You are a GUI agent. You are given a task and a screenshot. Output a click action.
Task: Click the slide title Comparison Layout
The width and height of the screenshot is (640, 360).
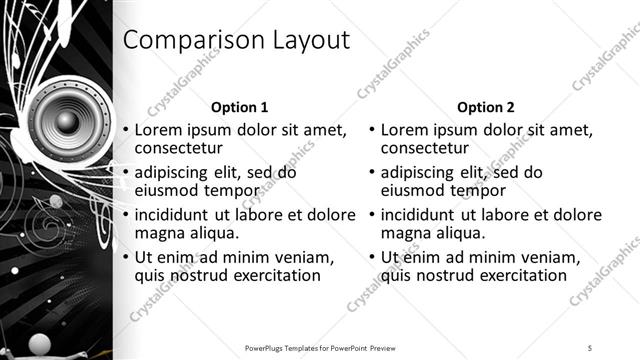(236, 40)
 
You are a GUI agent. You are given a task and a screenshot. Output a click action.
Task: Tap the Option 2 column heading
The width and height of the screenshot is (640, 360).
(486, 107)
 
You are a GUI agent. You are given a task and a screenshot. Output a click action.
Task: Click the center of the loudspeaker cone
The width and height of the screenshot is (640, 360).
(66, 122)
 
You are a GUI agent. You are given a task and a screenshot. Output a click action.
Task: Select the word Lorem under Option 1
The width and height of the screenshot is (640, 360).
(158, 129)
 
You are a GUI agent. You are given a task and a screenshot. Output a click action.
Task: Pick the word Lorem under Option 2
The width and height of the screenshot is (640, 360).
(404, 129)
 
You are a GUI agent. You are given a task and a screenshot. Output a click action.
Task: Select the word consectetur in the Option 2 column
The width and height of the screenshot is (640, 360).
(427, 148)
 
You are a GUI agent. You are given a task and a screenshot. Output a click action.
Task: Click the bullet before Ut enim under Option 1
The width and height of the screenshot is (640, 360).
(125, 257)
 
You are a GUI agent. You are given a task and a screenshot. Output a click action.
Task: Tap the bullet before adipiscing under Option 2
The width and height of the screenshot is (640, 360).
(371, 172)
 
